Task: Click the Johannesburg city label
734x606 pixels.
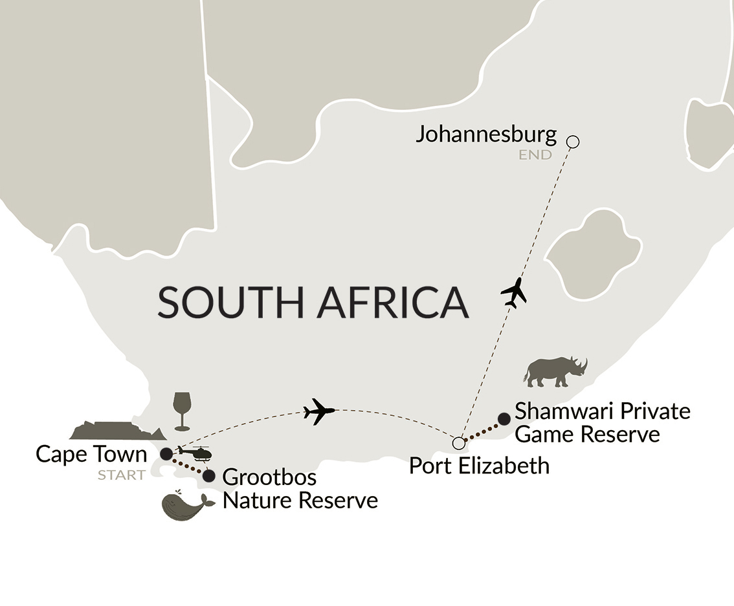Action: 486,135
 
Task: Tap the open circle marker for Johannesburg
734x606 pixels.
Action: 572,142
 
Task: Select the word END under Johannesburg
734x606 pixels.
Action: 535,155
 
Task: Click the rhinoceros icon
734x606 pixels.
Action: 555,371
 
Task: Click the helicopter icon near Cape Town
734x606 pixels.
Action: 194,453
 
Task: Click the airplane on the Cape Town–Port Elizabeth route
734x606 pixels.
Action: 318,411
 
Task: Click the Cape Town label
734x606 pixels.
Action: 91,454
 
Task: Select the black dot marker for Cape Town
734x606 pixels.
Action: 166,453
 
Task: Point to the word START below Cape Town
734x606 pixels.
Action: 122,475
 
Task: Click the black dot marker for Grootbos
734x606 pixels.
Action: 208,476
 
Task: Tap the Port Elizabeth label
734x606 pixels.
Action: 479,464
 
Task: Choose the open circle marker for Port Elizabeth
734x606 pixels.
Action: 458,443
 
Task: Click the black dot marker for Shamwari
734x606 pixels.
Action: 504,419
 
